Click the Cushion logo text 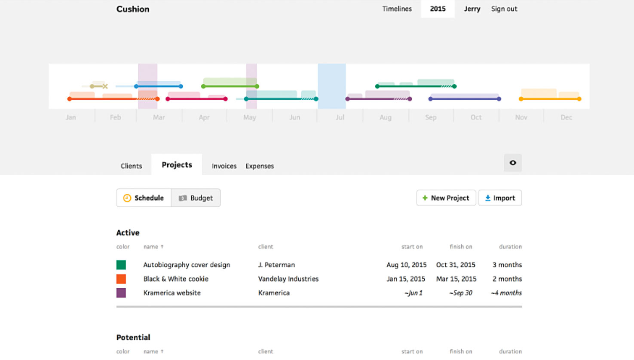click(133, 9)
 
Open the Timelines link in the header click(397, 9)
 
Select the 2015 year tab click(438, 9)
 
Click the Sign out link click(504, 9)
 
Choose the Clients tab click(132, 166)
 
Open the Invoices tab click(224, 166)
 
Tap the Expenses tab click(260, 166)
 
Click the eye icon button click(513, 163)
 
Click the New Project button click(446, 198)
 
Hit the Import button click(500, 198)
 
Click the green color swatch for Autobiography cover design click(121, 265)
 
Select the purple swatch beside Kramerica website click(121, 293)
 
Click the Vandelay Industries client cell click(288, 279)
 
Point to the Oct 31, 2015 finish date click(456, 265)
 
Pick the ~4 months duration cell click(506, 293)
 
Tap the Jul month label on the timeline click(340, 117)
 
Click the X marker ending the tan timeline click(105, 86)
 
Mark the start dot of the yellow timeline click(521, 99)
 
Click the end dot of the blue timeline click(181, 86)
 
